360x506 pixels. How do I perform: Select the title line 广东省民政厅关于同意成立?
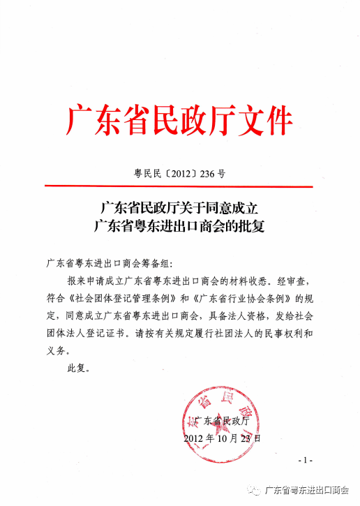[180, 207]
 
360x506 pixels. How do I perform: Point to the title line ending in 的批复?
[180, 226]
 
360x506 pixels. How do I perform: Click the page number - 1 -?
[305, 461]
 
